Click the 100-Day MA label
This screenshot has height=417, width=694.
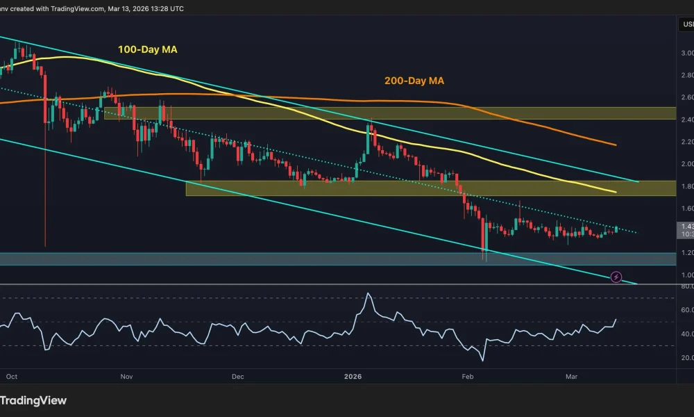(x=146, y=49)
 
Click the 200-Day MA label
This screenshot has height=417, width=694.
(x=414, y=81)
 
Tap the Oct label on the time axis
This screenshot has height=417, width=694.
(x=11, y=376)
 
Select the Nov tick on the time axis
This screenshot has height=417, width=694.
(x=126, y=376)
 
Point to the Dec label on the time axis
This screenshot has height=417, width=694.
(x=238, y=376)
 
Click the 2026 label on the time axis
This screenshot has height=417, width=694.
(x=353, y=376)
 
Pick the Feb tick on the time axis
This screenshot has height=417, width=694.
(x=466, y=376)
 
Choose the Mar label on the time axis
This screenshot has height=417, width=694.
(x=572, y=376)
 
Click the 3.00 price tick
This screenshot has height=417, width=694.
(x=686, y=53)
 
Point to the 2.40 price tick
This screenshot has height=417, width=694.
(x=686, y=120)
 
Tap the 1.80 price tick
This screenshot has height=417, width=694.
(x=686, y=186)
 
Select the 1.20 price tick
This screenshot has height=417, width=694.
(x=686, y=253)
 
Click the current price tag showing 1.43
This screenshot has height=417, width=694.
(x=686, y=227)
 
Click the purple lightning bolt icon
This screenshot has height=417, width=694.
(x=616, y=277)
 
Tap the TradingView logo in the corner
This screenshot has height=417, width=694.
(x=33, y=400)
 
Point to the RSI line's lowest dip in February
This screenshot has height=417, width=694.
(x=482, y=361)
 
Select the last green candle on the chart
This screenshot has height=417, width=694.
(x=616, y=228)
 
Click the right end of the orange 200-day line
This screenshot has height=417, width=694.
(x=616, y=145)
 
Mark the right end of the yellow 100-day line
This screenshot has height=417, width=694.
(x=616, y=192)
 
